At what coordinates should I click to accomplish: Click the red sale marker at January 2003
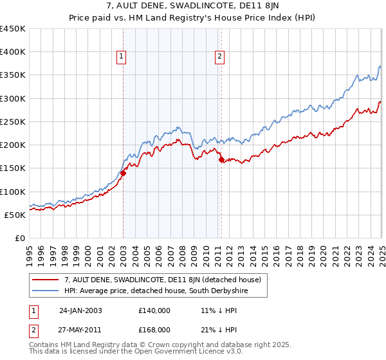[123, 172]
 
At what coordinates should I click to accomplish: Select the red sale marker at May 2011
[221, 159]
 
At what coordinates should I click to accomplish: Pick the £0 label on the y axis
[19, 238]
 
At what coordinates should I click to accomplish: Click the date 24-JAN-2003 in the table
[80, 310]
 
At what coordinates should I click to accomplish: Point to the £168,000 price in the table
[154, 329]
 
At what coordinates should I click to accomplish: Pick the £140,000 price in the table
[154, 310]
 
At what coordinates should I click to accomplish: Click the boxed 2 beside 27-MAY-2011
[34, 329]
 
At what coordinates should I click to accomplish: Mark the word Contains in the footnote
[45, 345]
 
